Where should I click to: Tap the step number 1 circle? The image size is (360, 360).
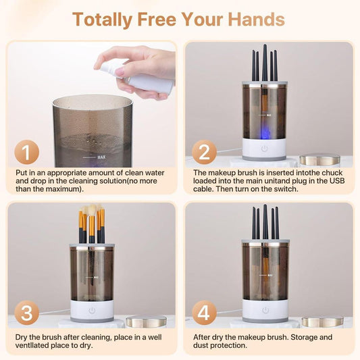click(26, 153)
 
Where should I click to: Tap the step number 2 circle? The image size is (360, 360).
click(203, 153)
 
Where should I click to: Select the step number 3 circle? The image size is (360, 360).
click(26, 314)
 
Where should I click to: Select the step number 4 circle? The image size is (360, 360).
click(203, 314)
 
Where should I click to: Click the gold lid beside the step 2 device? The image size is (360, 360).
click(319, 159)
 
